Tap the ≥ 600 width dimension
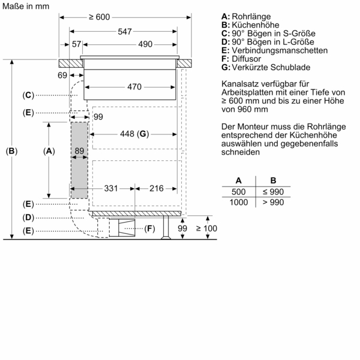[x=99, y=17]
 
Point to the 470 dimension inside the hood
[x=134, y=88]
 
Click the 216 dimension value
[x=156, y=188]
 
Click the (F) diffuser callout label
[x=149, y=228]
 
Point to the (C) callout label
[x=28, y=95]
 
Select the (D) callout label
[x=28, y=217]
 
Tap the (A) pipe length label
[x=49, y=152]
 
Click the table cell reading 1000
[x=239, y=202]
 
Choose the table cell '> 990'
[x=273, y=202]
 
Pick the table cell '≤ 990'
[x=273, y=191]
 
